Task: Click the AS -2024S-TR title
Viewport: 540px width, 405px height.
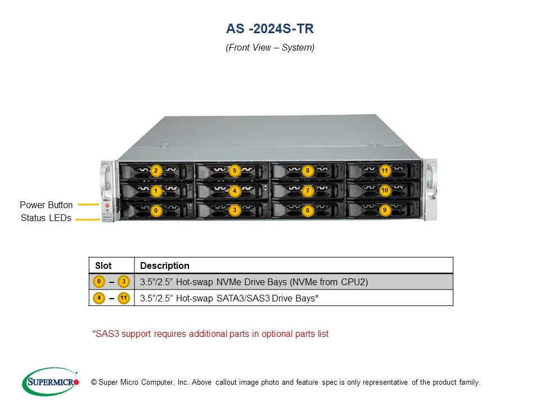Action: pyautogui.click(x=269, y=29)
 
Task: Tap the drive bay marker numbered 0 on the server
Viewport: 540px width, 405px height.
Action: pyautogui.click(x=156, y=210)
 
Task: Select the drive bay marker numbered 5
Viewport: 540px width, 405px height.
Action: pyautogui.click(x=235, y=170)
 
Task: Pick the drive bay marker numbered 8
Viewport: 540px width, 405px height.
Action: pyautogui.click(x=308, y=170)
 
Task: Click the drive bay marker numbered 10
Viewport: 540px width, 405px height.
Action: pyautogui.click(x=385, y=190)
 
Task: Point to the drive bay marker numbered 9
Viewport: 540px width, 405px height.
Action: pyautogui.click(x=385, y=210)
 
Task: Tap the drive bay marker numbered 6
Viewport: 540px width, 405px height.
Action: pyautogui.click(x=308, y=210)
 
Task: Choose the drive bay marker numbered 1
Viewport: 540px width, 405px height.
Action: pyautogui.click(x=156, y=191)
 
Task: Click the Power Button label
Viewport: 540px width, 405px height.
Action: pyautogui.click(x=46, y=205)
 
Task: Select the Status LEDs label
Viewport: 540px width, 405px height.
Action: pyautogui.click(x=46, y=218)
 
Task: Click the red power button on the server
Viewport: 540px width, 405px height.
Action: pyautogui.click(x=107, y=205)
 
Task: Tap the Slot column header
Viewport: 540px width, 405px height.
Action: pyautogui.click(x=103, y=265)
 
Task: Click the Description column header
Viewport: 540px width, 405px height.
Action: pyautogui.click(x=165, y=265)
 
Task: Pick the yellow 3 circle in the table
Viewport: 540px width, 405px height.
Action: pyautogui.click(x=124, y=282)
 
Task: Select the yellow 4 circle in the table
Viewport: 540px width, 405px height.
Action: pyautogui.click(x=99, y=298)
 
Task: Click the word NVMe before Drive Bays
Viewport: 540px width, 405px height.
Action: pyautogui.click(x=229, y=282)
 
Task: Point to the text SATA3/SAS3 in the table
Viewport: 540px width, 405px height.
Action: pyautogui.click(x=243, y=298)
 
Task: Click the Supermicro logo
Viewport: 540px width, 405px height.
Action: pyautogui.click(x=51, y=381)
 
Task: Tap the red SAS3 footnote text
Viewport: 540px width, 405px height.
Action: pyautogui.click(x=210, y=334)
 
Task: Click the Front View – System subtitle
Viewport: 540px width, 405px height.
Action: pyautogui.click(x=270, y=47)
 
